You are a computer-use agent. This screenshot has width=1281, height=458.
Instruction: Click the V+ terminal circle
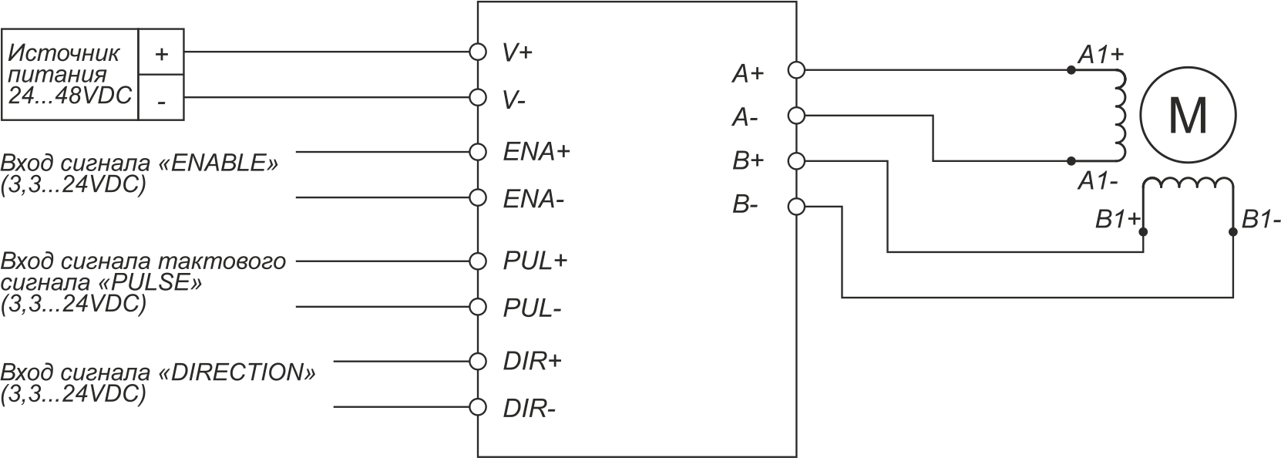pos(478,52)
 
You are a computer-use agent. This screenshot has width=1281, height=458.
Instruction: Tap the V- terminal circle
pos(478,98)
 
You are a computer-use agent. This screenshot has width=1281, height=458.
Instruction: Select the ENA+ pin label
pos(536,152)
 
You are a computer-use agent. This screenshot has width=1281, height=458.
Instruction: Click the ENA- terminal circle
pos(478,198)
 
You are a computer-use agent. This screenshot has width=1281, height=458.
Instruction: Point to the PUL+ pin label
pos(535,261)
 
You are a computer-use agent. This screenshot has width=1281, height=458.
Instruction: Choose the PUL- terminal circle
pos(478,307)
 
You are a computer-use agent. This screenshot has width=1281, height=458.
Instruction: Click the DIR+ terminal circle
pos(478,362)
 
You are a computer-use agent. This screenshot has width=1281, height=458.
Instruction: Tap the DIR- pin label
pos(529,409)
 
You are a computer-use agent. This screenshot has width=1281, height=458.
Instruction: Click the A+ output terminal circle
pos(796,70)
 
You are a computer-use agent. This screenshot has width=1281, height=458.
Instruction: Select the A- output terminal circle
pos(796,116)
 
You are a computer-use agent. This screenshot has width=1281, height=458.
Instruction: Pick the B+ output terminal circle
pos(796,161)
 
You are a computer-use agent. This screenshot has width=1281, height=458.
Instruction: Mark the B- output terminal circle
pos(796,207)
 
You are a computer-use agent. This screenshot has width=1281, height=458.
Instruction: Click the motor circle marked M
pos(1188,116)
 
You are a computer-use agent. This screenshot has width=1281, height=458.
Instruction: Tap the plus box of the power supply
pos(161,52)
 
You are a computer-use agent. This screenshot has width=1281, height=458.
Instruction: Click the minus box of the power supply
pos(161,97)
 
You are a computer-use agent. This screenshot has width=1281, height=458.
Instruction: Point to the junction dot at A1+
pos(1071,70)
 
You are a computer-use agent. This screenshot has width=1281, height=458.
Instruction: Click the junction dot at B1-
pos(1233,232)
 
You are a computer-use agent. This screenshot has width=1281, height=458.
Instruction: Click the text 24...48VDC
pos(70,96)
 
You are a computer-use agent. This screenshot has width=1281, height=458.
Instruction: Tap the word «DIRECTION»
pos(236,372)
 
